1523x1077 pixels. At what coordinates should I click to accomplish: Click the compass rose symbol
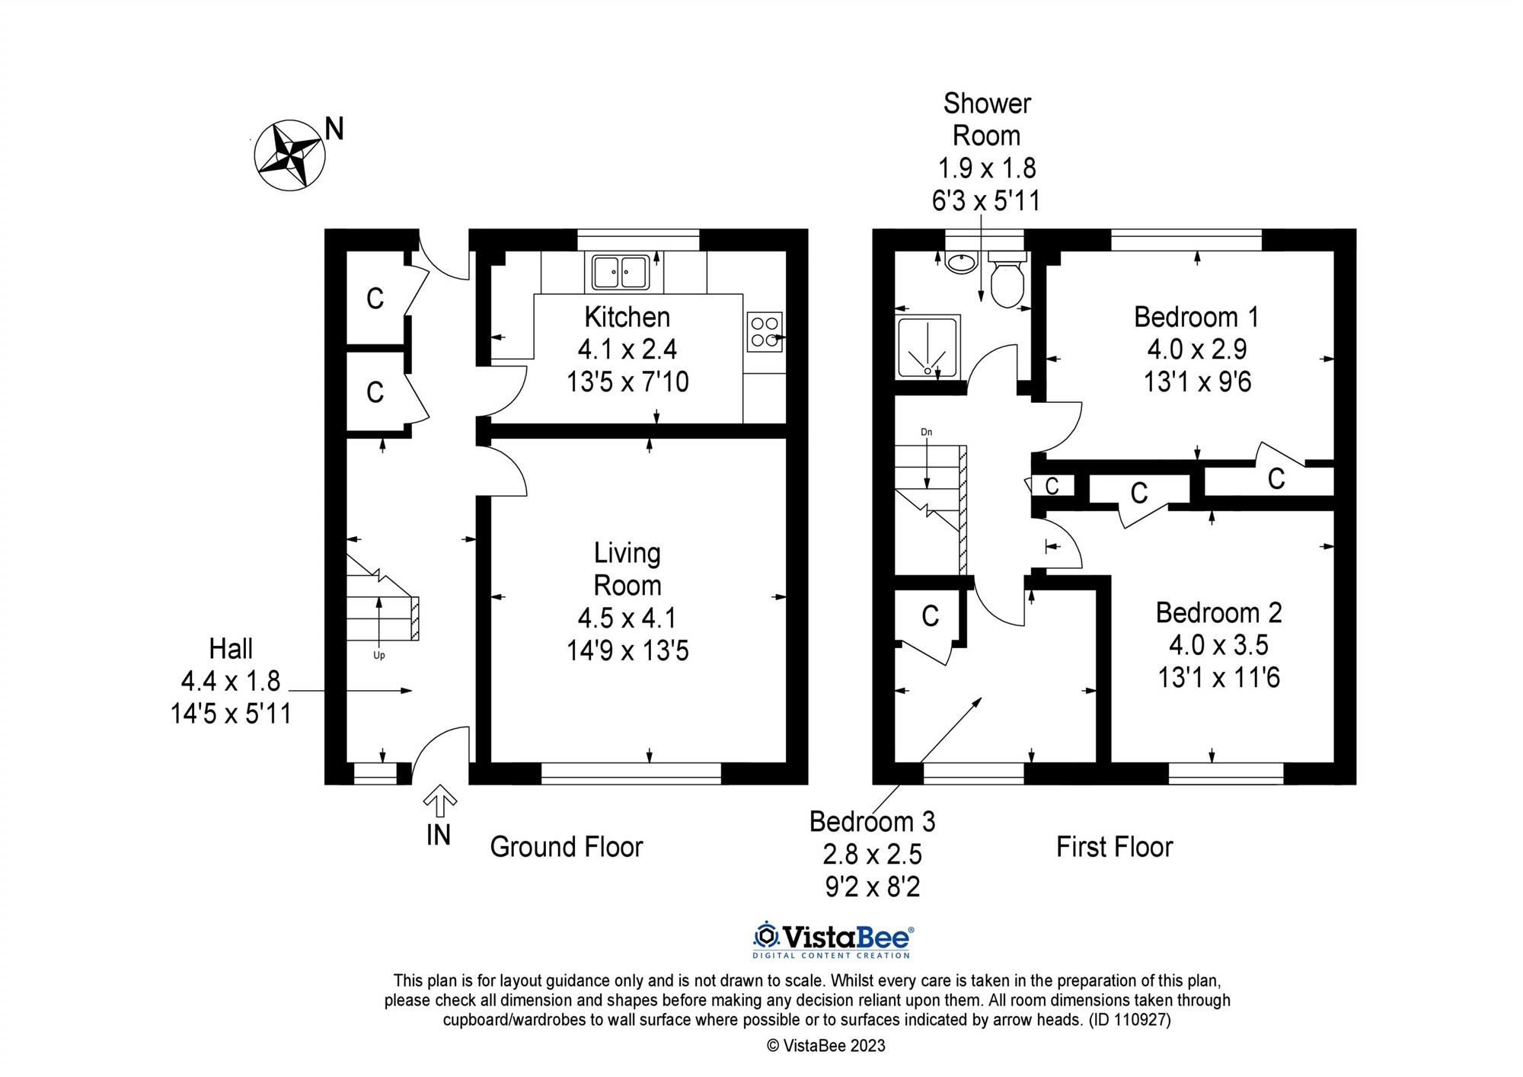(289, 155)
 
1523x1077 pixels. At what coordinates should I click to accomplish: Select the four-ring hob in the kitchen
(764, 331)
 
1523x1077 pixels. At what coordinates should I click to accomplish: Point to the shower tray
(928, 347)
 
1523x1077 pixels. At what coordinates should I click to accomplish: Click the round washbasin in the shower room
(961, 264)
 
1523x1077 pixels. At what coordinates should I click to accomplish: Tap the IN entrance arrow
(439, 804)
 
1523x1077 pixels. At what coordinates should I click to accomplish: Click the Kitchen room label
(627, 317)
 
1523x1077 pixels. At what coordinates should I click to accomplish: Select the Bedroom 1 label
(1196, 317)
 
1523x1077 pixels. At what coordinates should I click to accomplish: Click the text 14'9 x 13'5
(627, 650)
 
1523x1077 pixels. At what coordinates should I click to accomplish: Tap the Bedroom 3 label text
(872, 822)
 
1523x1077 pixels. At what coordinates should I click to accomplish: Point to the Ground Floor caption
(567, 847)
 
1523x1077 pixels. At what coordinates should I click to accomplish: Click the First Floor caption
(1114, 847)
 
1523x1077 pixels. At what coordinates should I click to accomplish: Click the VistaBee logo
(833, 939)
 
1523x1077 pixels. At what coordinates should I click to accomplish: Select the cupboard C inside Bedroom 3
(930, 615)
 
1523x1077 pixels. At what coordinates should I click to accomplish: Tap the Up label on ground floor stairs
(378, 655)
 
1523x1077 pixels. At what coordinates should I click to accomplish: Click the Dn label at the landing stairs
(926, 433)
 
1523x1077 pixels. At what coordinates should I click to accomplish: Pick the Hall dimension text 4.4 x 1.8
(231, 681)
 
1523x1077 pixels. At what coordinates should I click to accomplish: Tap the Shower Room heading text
(986, 120)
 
